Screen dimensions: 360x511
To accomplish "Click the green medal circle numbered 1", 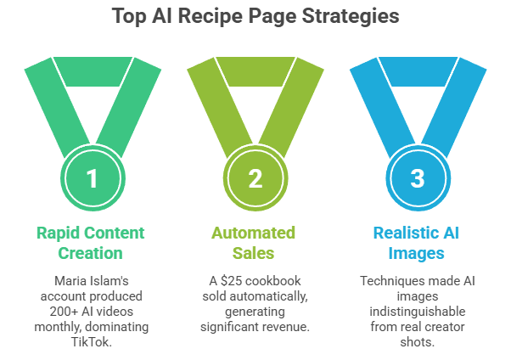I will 93,179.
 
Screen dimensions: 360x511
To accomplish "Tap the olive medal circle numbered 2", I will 256,179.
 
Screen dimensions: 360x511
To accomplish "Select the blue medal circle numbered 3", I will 416,179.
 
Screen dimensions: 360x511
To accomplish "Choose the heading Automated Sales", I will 255,242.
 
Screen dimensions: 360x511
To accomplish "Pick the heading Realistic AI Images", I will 417,242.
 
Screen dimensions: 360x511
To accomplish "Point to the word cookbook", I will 278,280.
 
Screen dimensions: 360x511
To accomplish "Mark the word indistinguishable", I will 417,311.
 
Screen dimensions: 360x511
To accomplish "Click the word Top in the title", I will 126,16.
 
